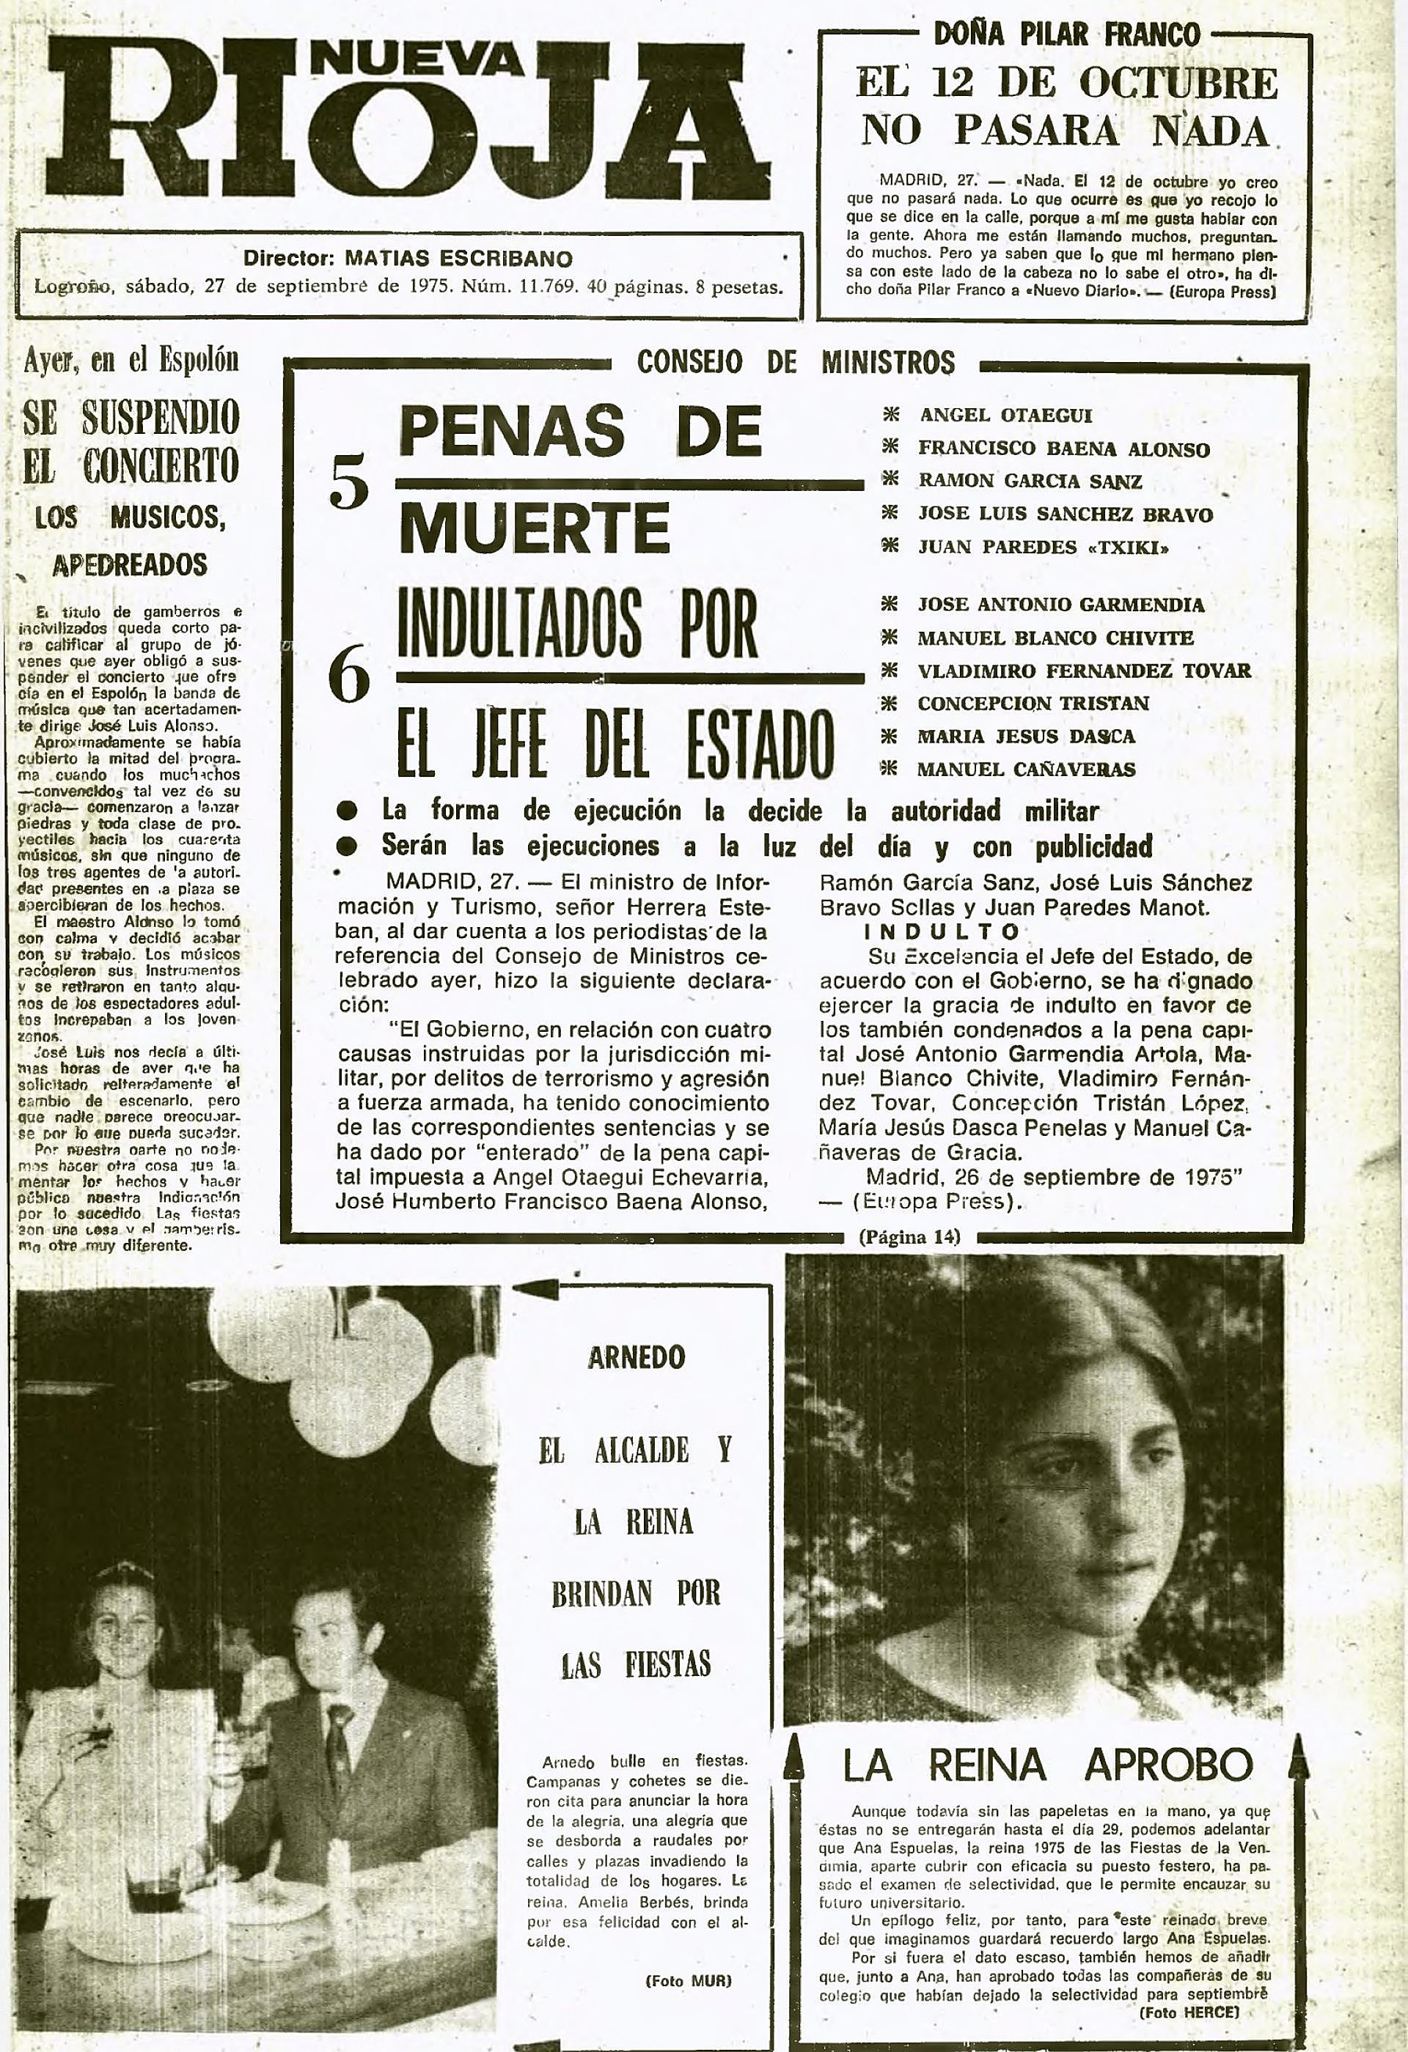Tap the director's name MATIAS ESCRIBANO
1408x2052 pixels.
click(458, 259)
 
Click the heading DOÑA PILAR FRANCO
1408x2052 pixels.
click(1066, 35)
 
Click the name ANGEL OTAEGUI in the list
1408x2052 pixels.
click(1005, 415)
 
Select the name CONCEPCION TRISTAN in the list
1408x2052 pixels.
click(1033, 704)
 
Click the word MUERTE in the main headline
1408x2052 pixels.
click(535, 528)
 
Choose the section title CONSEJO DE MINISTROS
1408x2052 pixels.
click(795, 362)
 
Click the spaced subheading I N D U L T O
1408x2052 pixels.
click(941, 931)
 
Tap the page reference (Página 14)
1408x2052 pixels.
click(909, 1237)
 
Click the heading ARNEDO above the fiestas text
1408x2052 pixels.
click(636, 1357)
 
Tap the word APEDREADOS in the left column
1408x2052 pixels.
click(130, 565)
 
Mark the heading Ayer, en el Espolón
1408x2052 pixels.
click(131, 361)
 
